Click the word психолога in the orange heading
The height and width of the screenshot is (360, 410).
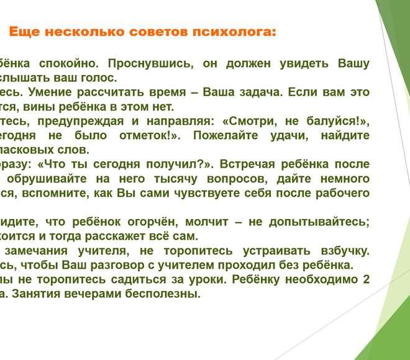coord(234,32)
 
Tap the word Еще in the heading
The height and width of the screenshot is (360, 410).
coord(25,32)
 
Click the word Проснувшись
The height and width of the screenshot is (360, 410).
coord(150,64)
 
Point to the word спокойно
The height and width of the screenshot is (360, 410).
coord(69,64)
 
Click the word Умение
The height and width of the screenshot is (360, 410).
coord(50,92)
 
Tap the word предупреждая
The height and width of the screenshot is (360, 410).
coord(81,121)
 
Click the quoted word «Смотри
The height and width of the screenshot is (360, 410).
coord(248,121)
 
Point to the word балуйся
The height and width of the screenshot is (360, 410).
coord(338,121)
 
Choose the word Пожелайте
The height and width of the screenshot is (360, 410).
coord(225,135)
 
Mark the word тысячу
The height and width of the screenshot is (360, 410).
coord(176,179)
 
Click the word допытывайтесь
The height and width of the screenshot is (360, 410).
coord(319,222)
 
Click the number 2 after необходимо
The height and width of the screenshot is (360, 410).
coord(367,279)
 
